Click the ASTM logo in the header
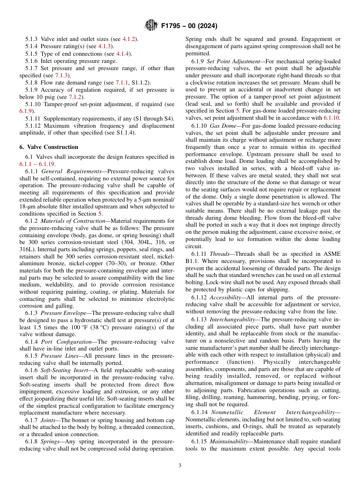click(x=151, y=26)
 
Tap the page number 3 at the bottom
click(x=180, y=466)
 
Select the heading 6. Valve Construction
click(x=49, y=147)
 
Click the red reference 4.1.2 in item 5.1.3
click(x=130, y=39)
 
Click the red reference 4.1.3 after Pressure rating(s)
click(x=104, y=46)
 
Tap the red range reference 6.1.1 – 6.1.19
click(x=37, y=164)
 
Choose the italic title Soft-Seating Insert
click(x=66, y=370)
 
